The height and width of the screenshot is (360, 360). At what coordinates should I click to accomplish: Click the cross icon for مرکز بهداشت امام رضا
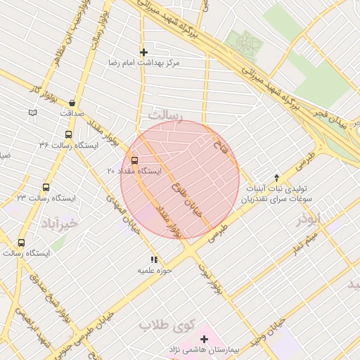(x=144, y=52)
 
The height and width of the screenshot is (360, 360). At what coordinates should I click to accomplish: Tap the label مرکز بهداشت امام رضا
(x=144, y=63)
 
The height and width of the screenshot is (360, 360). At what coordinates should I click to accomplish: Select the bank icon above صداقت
(x=72, y=103)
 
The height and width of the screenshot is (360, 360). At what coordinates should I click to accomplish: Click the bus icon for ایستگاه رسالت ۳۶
(x=67, y=134)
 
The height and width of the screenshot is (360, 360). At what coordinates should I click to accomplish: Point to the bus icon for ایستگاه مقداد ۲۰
(x=134, y=160)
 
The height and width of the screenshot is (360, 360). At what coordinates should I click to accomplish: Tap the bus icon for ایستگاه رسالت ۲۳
(x=46, y=188)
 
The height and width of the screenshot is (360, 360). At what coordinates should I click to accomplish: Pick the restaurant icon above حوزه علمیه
(x=155, y=259)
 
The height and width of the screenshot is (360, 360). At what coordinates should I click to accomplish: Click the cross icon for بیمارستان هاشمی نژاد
(x=205, y=339)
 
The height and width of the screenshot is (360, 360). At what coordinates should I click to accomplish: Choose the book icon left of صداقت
(x=33, y=112)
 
